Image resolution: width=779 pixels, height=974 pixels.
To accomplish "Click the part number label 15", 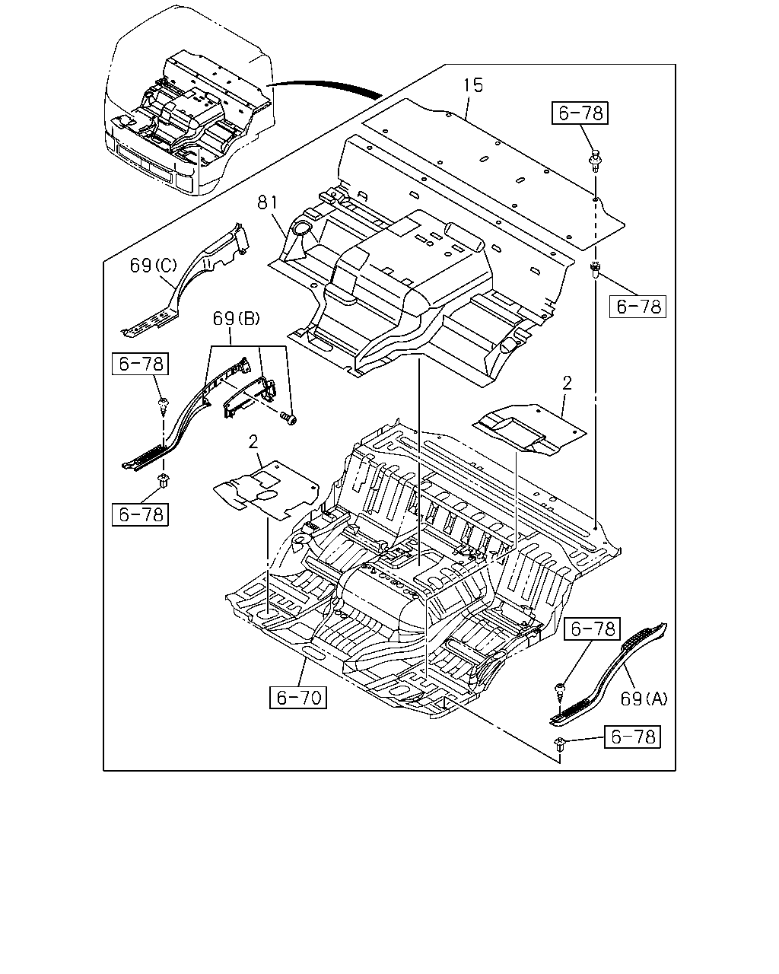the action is tap(473, 85).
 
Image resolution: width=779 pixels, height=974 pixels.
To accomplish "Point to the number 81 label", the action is tap(268, 202).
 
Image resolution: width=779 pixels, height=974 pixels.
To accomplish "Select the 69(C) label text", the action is tap(154, 266).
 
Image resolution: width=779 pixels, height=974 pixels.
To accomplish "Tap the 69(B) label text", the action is tap(237, 319).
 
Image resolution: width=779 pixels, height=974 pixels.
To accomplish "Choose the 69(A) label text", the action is tap(644, 699).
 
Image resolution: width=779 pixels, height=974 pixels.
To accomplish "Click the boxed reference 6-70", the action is tap(298, 698).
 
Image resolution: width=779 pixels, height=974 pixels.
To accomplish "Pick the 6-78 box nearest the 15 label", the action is tap(580, 113).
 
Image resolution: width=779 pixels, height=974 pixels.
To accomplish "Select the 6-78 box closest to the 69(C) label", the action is tap(140, 364).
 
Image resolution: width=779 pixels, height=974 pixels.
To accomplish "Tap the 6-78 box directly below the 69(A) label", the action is tap(632, 737).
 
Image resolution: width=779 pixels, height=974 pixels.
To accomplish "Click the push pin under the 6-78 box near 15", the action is tap(595, 160).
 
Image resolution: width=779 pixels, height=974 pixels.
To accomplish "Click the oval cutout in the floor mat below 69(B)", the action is tap(264, 495).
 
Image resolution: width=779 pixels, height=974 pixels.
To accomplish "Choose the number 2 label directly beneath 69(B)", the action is tap(253, 442).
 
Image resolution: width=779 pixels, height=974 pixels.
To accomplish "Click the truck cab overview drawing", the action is tap(189, 100).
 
